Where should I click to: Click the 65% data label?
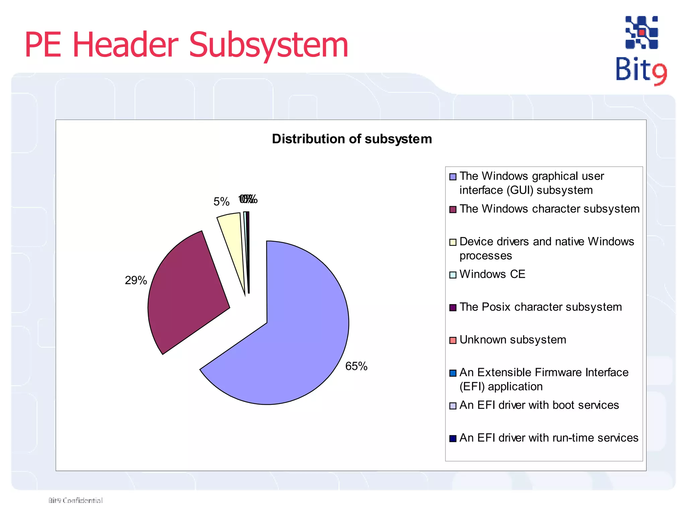click(356, 366)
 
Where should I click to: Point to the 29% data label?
click(136, 280)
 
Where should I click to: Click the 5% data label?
click(221, 201)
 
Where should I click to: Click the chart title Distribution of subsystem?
click(352, 139)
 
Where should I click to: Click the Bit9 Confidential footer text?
click(75, 500)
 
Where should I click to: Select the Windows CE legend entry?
click(492, 274)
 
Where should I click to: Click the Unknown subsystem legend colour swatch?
click(453, 340)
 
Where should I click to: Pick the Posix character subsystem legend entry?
click(540, 307)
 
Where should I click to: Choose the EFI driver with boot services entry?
click(539, 405)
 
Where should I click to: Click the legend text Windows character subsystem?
click(549, 209)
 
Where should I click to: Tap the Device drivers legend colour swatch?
click(453, 242)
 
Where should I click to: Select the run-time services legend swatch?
click(453, 438)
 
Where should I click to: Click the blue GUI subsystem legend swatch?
click(453, 177)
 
